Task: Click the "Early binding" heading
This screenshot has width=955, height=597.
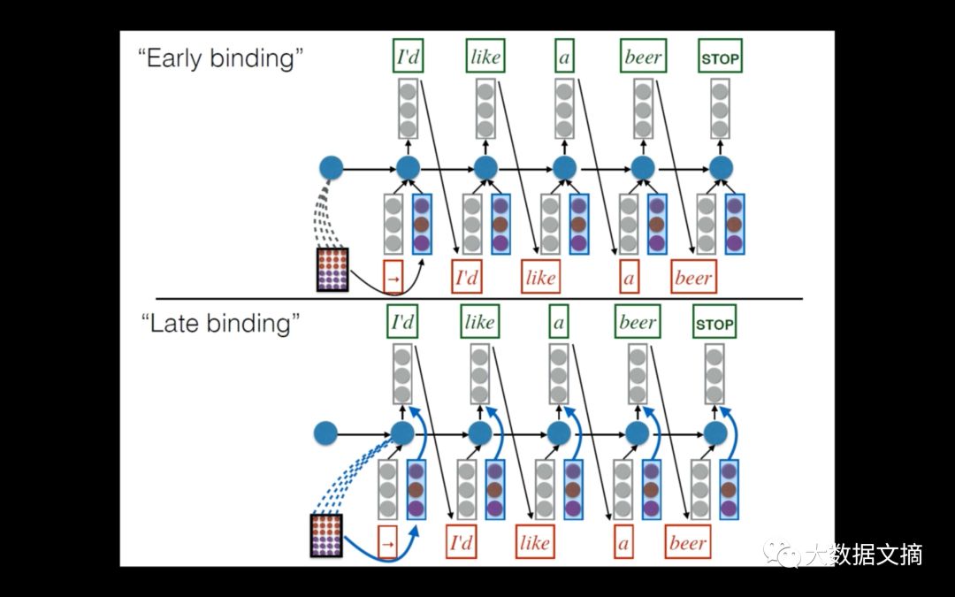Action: (x=221, y=60)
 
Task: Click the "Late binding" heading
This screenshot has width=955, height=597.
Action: (x=220, y=324)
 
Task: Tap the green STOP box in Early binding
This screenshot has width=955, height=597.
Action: (x=720, y=59)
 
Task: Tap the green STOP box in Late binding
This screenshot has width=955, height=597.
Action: (x=714, y=324)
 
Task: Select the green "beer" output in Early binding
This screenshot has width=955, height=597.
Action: (x=643, y=57)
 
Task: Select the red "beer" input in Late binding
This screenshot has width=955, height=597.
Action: (x=688, y=543)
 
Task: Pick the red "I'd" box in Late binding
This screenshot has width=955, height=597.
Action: (x=462, y=543)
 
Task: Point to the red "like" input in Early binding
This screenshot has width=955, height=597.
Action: (x=540, y=278)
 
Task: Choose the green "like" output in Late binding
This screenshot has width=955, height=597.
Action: (x=479, y=322)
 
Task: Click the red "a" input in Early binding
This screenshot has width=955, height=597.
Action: (x=629, y=278)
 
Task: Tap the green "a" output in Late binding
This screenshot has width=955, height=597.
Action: (x=558, y=322)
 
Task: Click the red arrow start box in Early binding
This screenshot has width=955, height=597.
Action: (x=393, y=278)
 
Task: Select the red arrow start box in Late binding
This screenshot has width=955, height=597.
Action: (x=386, y=543)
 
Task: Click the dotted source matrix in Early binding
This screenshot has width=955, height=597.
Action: (x=333, y=270)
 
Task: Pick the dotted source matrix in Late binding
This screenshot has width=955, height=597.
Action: (x=326, y=535)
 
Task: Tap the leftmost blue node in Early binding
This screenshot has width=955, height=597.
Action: (x=331, y=167)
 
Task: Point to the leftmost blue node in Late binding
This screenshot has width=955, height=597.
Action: (x=326, y=433)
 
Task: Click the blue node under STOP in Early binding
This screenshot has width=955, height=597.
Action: (x=722, y=167)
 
